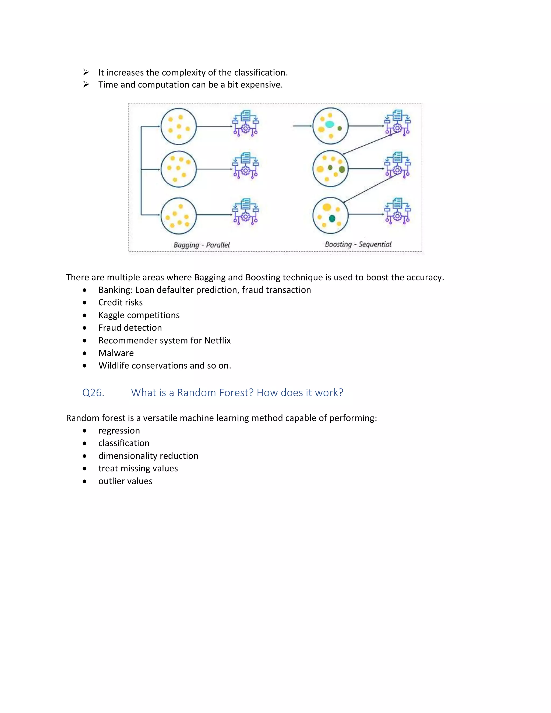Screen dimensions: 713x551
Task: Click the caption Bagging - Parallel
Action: coord(202,245)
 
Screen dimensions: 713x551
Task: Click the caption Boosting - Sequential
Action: coord(358,244)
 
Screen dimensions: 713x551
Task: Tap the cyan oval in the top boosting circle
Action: coord(330,124)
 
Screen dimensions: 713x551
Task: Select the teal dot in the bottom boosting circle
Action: coord(332,218)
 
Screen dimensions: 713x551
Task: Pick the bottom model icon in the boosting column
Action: coord(397,211)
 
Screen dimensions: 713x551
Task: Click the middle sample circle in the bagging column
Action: coord(179,169)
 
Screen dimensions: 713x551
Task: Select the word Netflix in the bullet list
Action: coord(217,341)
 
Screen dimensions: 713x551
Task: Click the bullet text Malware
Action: coord(116,353)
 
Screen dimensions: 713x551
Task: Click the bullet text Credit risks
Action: coord(121,303)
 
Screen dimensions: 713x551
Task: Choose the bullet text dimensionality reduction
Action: coord(148,456)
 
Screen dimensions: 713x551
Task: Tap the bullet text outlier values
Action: coord(125,481)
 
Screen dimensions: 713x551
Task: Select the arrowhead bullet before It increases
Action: coord(86,72)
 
